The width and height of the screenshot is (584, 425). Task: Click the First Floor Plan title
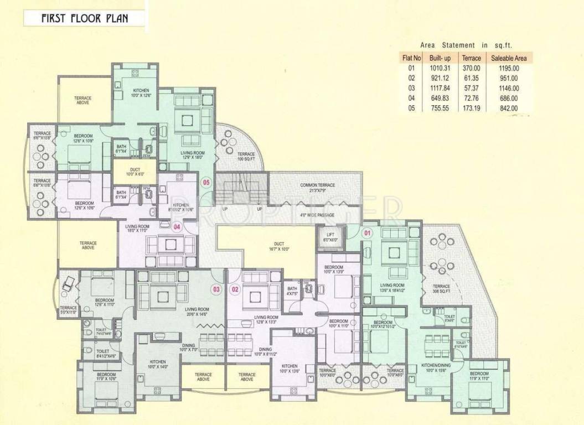click(x=85, y=18)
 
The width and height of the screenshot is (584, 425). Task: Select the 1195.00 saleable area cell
click(x=508, y=68)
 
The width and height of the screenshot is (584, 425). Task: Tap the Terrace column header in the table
click(x=471, y=58)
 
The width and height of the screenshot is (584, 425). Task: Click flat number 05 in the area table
click(x=411, y=108)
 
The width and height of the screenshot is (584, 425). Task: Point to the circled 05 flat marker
click(x=206, y=182)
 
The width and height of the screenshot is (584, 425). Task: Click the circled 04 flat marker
click(x=177, y=226)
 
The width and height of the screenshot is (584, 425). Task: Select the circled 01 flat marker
click(x=366, y=233)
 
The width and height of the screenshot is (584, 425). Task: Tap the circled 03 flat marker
click(x=216, y=288)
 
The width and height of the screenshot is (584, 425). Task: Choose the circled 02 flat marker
click(x=235, y=288)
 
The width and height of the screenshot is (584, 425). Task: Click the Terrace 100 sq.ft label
click(x=246, y=157)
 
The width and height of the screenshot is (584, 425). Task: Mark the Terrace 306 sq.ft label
click(x=441, y=288)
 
